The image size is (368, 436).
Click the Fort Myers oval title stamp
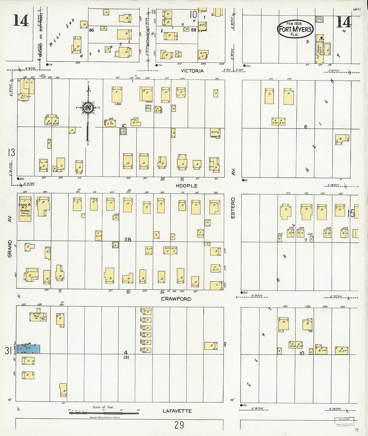(295, 29)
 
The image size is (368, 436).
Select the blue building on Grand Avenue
(29, 349)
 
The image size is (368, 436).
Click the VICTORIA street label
(192, 71)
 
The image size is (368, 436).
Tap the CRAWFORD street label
(176, 299)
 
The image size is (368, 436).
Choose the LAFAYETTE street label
(177, 411)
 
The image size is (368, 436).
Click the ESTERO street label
(233, 208)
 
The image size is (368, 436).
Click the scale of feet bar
(104, 413)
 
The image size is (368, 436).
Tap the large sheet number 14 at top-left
(21, 21)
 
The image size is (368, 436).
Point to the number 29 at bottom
(179, 425)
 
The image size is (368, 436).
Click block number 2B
(127, 239)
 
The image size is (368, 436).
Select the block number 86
(91, 30)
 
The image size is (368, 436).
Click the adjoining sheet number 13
(11, 153)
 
